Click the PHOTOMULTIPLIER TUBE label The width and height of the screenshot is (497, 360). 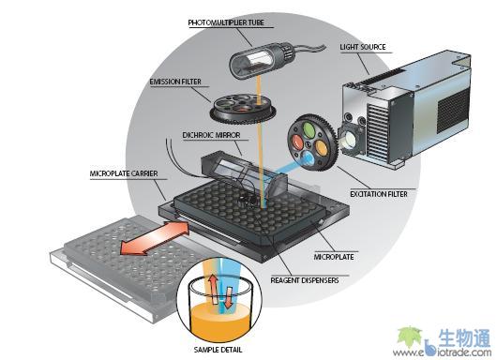tap(226, 22)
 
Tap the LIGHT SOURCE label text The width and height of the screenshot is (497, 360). tap(363, 47)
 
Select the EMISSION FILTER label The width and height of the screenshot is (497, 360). tap(175, 82)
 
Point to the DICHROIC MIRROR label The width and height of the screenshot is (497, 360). tap(211, 135)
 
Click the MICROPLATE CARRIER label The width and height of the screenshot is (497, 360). tap(124, 173)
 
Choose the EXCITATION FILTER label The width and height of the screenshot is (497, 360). tap(379, 194)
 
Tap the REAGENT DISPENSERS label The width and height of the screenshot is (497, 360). tap(305, 280)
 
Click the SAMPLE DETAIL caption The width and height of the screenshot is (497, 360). tap(218, 350)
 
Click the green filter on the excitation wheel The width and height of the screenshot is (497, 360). tap(309, 128)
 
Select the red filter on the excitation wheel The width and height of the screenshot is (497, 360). tap(297, 142)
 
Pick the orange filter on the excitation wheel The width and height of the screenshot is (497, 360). tap(321, 146)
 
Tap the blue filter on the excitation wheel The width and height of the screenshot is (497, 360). tap(309, 158)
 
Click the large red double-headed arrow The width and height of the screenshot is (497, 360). tap(155, 238)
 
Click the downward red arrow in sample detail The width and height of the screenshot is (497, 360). tap(229, 297)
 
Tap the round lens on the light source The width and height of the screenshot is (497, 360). tap(350, 140)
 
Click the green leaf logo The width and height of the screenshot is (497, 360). tap(409, 337)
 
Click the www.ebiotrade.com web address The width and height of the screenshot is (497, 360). tap(442, 352)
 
